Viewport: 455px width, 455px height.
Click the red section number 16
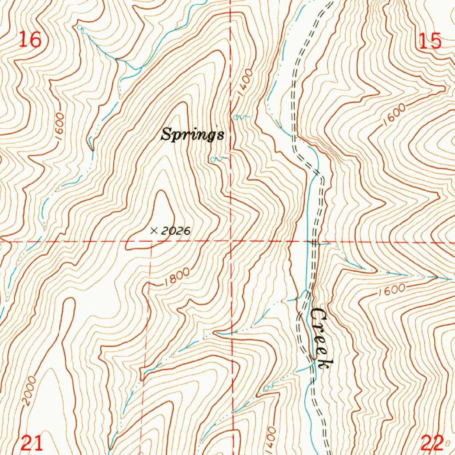pyautogui.click(x=30, y=40)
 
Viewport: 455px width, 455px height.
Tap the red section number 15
pyautogui.click(x=430, y=41)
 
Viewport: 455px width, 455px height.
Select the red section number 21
pyautogui.click(x=33, y=443)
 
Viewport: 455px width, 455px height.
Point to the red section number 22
pyautogui.click(x=432, y=443)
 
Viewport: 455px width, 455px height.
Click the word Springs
pyautogui.click(x=192, y=134)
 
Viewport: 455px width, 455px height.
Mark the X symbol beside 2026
pyautogui.click(x=154, y=231)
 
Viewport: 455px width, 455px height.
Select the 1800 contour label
pyautogui.click(x=176, y=277)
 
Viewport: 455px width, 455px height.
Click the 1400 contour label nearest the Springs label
pyautogui.click(x=244, y=81)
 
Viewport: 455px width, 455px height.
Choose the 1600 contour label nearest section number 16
pyautogui.click(x=60, y=128)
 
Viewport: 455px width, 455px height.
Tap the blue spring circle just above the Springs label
pyautogui.click(x=236, y=117)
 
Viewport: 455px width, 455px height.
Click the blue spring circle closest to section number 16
pyautogui.click(x=80, y=28)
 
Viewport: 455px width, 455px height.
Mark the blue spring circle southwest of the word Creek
pyautogui.click(x=267, y=388)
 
